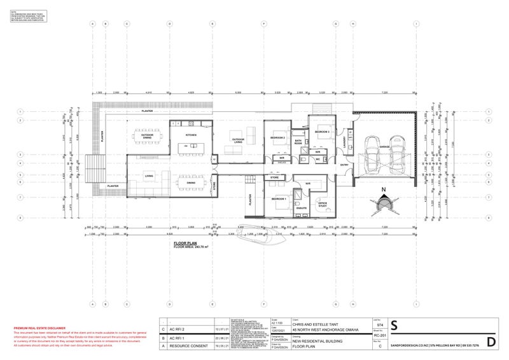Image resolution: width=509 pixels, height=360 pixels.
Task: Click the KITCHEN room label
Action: [x=191, y=135]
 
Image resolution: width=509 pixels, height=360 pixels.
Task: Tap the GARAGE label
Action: [x=384, y=146]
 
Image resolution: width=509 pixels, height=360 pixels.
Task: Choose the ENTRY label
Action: [x=345, y=165]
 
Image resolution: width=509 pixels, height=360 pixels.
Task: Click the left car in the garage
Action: [x=372, y=155]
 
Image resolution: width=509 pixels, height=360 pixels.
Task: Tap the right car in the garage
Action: [x=398, y=155]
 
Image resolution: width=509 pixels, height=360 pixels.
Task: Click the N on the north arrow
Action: [x=383, y=189]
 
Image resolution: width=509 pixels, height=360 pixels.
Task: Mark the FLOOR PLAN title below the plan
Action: [x=185, y=242]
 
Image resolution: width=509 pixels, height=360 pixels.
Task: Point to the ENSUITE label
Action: [x=302, y=207]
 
